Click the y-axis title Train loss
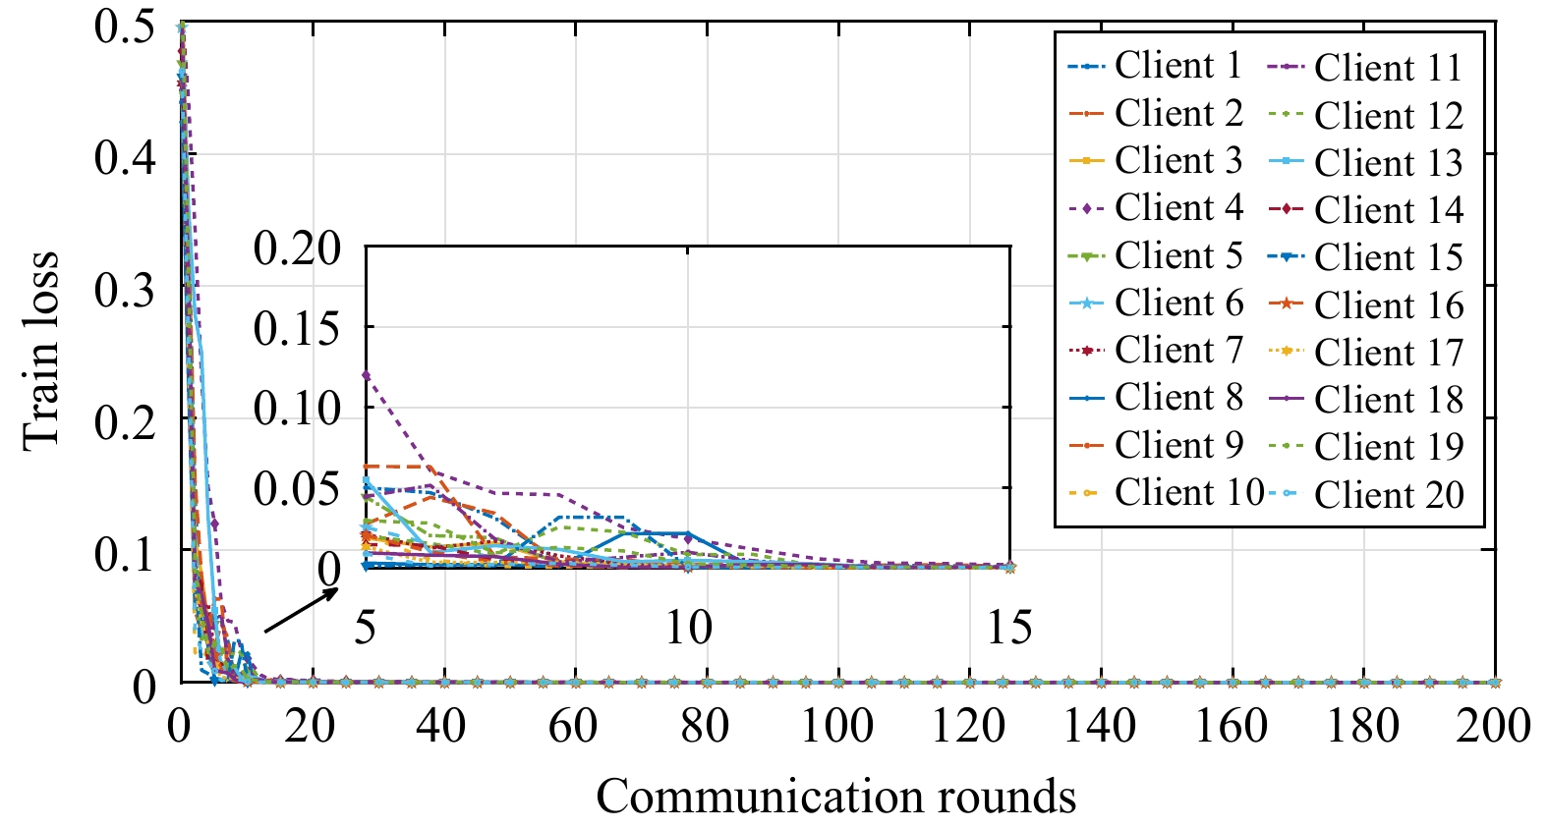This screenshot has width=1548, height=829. [x=41, y=352]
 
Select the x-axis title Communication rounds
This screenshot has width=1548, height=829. [x=835, y=796]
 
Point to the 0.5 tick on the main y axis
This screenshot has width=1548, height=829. [x=125, y=26]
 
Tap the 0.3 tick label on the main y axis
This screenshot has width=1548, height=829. [x=125, y=290]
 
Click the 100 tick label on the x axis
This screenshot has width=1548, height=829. [x=836, y=727]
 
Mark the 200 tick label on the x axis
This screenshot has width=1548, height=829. [x=1492, y=727]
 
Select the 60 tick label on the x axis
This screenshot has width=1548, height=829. [x=573, y=727]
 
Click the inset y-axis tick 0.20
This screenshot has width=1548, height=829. [x=297, y=248]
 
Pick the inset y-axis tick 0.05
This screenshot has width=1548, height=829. [x=297, y=488]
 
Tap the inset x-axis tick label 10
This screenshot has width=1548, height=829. [x=687, y=627]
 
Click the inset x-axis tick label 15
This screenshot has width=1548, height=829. [x=1009, y=627]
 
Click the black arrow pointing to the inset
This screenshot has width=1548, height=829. [x=301, y=611]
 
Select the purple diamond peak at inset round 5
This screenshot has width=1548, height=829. [x=366, y=375]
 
